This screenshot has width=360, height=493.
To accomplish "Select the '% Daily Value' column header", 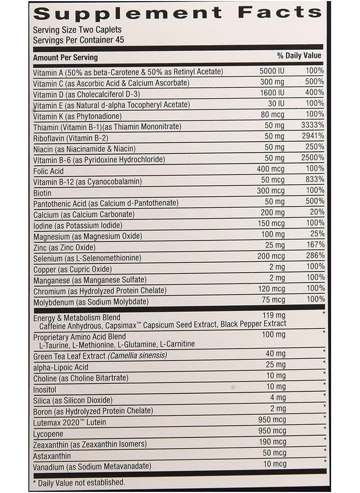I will click(x=299, y=56).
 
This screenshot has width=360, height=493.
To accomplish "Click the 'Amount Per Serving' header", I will click(x=65, y=57).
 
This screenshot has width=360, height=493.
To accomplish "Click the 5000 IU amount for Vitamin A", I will click(x=271, y=71).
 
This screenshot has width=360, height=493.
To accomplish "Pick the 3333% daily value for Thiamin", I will click(x=312, y=126).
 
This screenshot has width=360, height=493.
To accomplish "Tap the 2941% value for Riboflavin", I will click(x=313, y=137).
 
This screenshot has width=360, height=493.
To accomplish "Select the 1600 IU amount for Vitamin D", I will click(x=271, y=93).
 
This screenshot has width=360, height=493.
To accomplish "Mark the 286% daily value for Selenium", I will click(x=315, y=256).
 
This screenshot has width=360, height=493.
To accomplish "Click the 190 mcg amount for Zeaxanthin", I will click(x=272, y=442).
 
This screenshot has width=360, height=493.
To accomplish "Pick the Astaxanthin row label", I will click(x=52, y=455).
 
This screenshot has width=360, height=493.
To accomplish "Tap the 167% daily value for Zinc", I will click(x=315, y=245).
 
